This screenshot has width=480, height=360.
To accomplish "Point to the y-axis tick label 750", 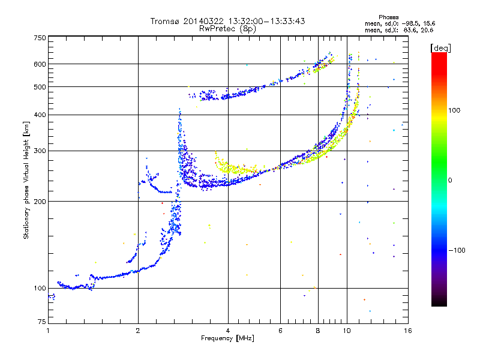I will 40,38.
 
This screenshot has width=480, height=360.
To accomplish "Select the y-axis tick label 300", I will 40,151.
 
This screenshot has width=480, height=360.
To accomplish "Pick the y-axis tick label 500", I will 40,87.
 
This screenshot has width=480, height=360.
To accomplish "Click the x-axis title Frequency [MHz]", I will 227,339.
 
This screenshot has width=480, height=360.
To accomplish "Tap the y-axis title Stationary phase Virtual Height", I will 26,180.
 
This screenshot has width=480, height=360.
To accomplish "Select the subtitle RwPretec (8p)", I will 227,28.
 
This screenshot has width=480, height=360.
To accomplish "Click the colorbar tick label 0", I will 451,181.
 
